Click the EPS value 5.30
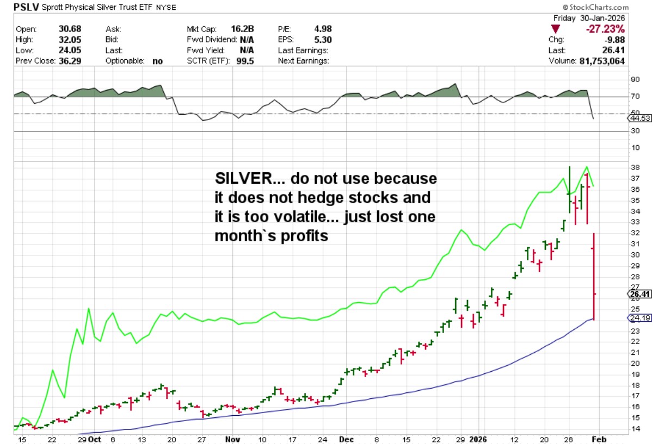(322, 40)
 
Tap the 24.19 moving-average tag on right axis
(639, 317)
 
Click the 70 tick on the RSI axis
(635, 96)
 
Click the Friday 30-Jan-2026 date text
(591, 18)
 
